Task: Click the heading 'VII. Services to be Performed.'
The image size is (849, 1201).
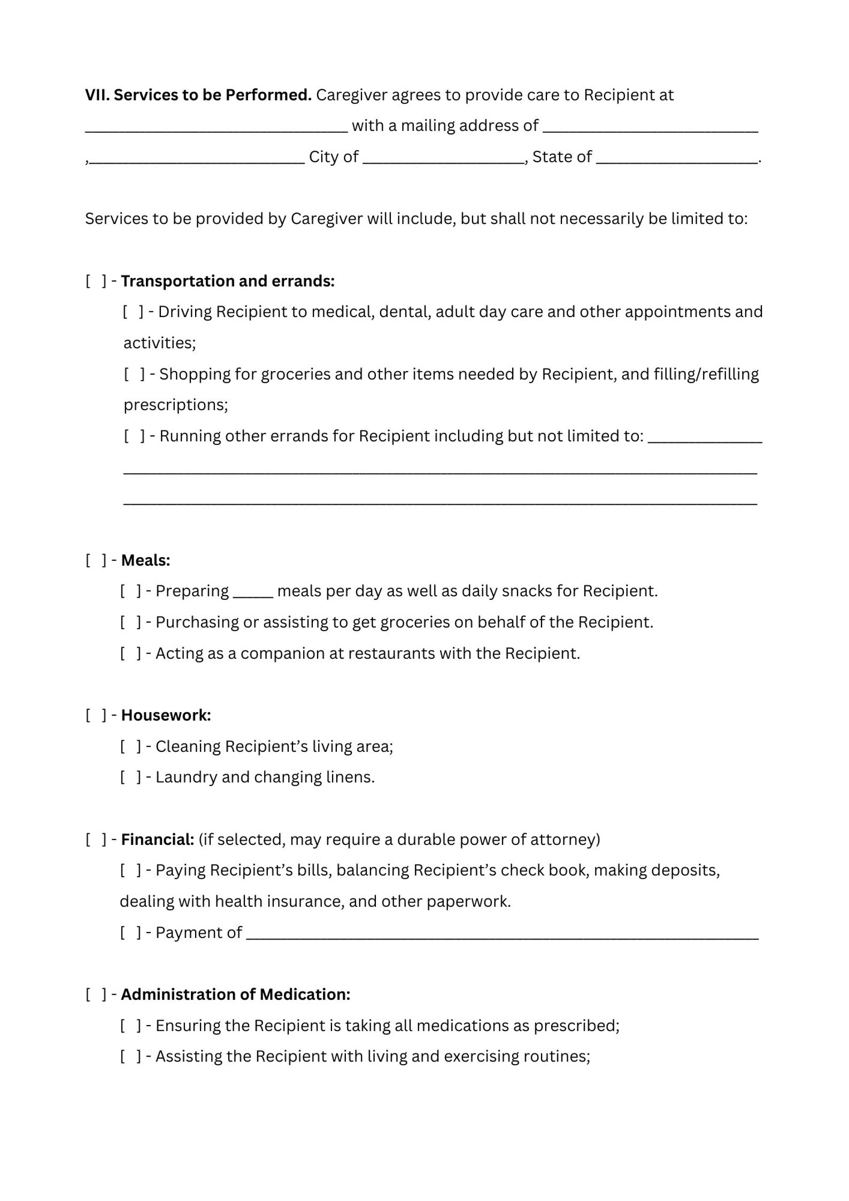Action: point(198,95)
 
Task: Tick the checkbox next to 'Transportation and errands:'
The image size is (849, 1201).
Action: point(96,281)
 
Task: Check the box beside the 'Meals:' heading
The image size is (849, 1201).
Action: point(96,560)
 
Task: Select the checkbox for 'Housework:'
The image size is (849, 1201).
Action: point(96,715)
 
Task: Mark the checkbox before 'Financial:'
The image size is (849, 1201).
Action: point(96,840)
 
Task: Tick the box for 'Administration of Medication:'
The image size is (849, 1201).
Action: point(96,995)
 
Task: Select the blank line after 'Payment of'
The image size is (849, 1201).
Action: point(501,934)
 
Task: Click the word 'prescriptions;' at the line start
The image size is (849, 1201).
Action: point(175,405)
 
